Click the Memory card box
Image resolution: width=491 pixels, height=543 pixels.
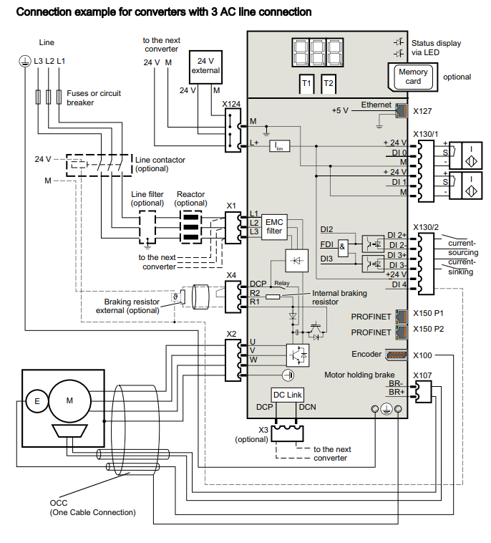click(413, 77)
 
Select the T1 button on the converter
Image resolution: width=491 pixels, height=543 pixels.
click(306, 84)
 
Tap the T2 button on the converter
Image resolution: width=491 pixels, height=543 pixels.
click(329, 84)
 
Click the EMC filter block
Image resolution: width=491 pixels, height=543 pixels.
click(273, 226)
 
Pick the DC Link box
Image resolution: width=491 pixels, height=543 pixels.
click(288, 395)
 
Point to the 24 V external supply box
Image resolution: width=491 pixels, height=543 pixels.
click(205, 66)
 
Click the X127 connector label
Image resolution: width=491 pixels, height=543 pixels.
click(424, 112)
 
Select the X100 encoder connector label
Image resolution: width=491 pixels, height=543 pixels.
click(424, 355)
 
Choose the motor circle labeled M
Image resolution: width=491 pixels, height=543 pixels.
click(69, 401)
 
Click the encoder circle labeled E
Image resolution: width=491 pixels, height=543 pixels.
click(37, 402)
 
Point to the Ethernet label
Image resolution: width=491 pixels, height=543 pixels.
click(376, 105)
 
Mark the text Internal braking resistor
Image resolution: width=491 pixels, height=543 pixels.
click(339, 297)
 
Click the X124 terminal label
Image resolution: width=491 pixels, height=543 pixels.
click(230, 104)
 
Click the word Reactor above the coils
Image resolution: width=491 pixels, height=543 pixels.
click(191, 194)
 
